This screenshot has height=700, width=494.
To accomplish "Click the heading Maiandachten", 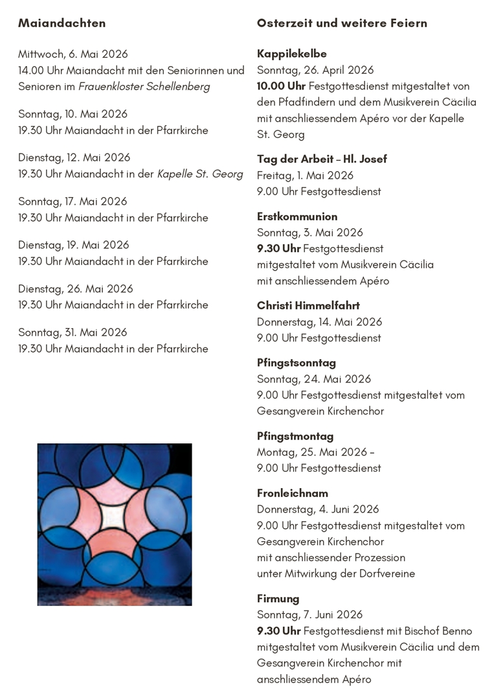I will click(62, 23).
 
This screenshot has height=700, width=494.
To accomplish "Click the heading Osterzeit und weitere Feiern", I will click(342, 23).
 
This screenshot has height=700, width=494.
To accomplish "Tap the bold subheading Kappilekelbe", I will click(291, 54).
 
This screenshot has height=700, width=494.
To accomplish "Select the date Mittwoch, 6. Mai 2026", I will click(73, 54).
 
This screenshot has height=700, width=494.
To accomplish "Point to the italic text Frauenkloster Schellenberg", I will click(144, 86).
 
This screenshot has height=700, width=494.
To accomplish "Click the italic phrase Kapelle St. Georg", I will click(200, 174).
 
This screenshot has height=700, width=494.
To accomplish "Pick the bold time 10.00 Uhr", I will click(281, 86).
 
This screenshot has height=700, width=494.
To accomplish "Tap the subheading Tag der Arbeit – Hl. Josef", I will click(322, 159).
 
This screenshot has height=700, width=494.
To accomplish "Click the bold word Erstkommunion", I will click(297, 216).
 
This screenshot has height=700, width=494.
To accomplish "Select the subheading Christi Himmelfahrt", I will click(308, 305).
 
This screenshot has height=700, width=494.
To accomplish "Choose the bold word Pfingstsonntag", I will click(297, 363).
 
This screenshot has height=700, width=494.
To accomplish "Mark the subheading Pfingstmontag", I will click(295, 436).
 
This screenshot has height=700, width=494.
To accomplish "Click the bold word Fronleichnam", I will click(293, 493).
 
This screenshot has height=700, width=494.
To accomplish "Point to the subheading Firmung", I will click(278, 599).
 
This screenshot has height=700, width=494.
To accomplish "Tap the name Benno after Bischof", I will click(458, 631).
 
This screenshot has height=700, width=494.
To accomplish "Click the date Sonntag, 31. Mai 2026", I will click(73, 332).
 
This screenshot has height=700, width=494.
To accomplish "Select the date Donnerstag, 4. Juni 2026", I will click(318, 509).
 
